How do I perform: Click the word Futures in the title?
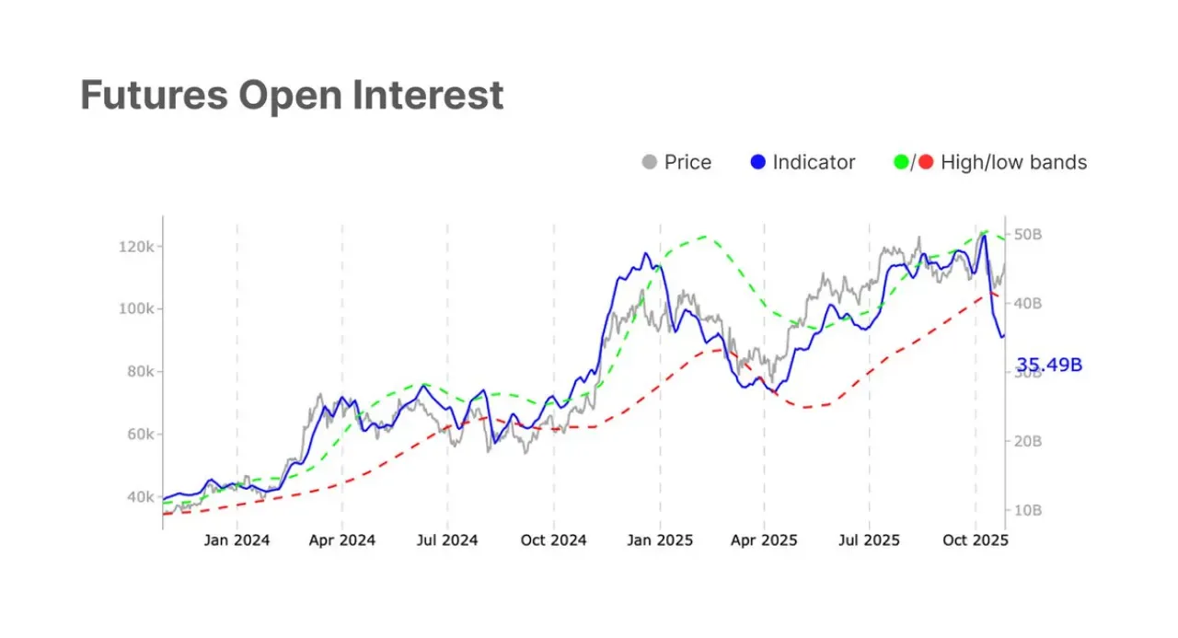tap(154, 95)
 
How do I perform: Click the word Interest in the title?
tap(428, 95)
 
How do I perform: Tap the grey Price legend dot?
tap(650, 162)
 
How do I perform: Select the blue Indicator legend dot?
tap(757, 162)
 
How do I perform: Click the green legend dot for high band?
tap(901, 162)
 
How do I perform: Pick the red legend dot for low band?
tap(926, 162)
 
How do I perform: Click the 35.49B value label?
tap(1049, 365)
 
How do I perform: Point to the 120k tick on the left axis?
tap(136, 247)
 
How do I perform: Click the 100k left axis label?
tap(136, 308)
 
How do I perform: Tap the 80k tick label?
tap(141, 372)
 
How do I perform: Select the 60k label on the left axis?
tap(141, 435)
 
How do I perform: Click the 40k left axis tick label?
tap(141, 497)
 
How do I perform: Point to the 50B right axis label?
tap(1028, 235)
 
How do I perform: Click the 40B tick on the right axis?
tap(1028, 304)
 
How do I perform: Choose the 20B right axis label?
tap(1028, 441)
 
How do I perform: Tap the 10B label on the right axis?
tap(1028, 510)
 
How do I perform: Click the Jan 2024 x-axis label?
tap(237, 540)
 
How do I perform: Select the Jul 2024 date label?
tap(447, 540)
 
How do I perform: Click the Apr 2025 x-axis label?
tap(764, 540)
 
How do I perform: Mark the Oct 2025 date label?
tap(976, 540)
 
